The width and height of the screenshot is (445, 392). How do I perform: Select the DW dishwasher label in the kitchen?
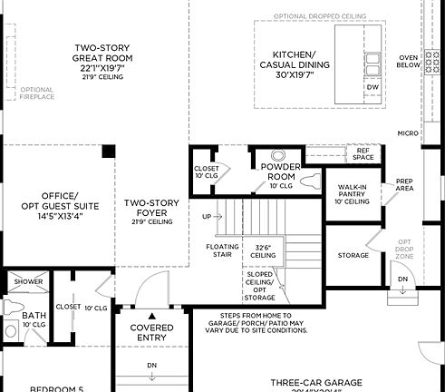click(x=372, y=87)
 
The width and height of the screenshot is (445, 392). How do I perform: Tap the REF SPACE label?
click(x=363, y=154)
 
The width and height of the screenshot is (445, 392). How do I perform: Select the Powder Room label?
click(x=279, y=171)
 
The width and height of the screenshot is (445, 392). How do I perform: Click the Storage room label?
click(x=353, y=255)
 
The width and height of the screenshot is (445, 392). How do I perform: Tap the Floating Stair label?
click(x=222, y=250)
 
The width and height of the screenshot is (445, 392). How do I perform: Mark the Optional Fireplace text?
click(x=35, y=93)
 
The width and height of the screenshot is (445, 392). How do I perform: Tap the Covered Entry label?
click(x=151, y=332)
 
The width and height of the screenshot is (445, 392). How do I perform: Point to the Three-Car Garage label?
click(x=317, y=383)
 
